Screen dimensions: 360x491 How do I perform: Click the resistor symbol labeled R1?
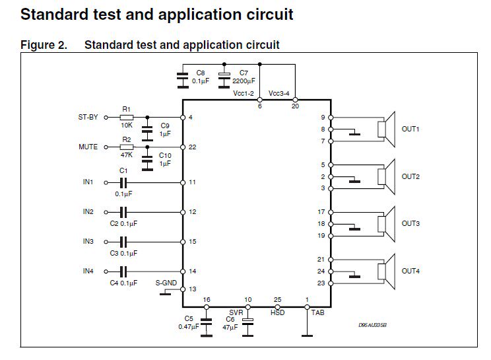(x=127, y=118)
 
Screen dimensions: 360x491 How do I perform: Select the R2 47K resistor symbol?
(x=127, y=147)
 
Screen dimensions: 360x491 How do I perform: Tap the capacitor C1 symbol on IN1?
(x=123, y=182)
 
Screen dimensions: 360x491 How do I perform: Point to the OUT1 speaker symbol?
(x=385, y=128)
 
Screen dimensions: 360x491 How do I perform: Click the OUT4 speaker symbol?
(x=385, y=271)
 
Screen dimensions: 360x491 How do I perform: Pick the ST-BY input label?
(x=88, y=118)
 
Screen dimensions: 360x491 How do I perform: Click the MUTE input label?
(x=88, y=147)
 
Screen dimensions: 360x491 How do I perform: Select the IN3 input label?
(x=88, y=242)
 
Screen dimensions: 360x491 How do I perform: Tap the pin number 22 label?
(x=193, y=147)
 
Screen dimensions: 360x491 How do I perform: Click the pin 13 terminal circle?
(x=183, y=289)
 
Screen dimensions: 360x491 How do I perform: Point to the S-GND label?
(x=166, y=282)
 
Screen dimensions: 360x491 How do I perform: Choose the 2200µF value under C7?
(x=244, y=80)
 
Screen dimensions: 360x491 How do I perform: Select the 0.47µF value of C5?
(x=190, y=327)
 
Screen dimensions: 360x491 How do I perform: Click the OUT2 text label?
(x=410, y=176)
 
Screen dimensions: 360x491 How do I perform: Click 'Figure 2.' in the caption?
(x=44, y=45)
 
